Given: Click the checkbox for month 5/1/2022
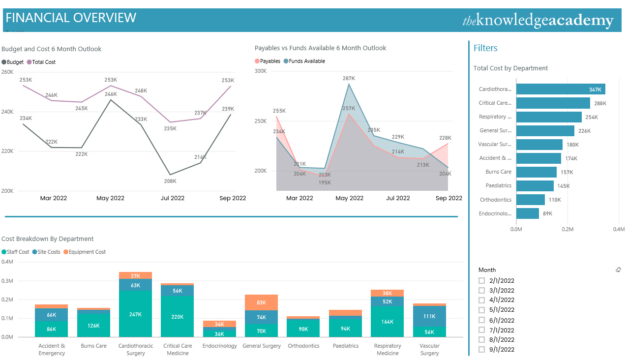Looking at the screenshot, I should click(x=482, y=310).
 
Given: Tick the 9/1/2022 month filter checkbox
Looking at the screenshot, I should click(x=482, y=350).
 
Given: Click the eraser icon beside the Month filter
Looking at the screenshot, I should click(x=618, y=270).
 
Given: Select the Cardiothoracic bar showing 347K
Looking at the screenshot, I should click(x=560, y=89).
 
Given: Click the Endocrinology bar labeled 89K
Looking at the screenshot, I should click(x=527, y=213).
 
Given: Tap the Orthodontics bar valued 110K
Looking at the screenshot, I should click(x=530, y=200).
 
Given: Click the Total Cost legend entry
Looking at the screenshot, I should click(x=41, y=62).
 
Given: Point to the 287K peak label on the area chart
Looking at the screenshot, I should click(x=349, y=78).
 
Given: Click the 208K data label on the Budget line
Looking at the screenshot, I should click(x=170, y=181).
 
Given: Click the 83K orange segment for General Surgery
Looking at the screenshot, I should click(x=261, y=302).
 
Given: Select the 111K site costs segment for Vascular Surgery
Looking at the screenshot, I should click(x=429, y=316).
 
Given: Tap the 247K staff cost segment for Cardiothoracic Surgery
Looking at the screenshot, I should click(x=135, y=314).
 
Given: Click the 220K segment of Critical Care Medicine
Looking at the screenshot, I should click(x=177, y=317).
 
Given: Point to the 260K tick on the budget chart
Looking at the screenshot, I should click(x=7, y=72).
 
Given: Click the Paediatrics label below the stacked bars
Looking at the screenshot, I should click(x=345, y=346).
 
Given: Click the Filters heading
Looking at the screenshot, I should click(x=485, y=48).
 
